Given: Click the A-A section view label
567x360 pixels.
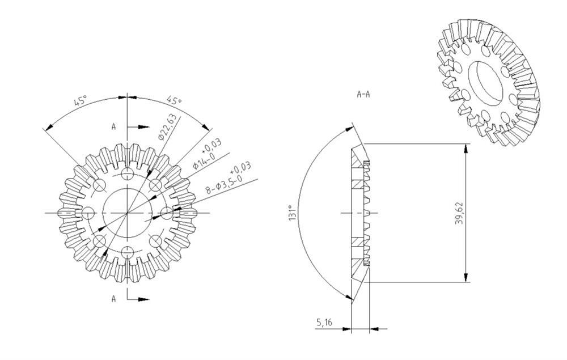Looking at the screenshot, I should coord(363,94).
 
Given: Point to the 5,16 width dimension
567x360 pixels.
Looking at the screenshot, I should coord(324,323).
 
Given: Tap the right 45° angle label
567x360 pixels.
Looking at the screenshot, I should coord(175,101).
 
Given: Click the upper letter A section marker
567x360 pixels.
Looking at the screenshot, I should coord(113,128).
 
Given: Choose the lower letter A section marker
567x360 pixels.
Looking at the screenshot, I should coord(113,299).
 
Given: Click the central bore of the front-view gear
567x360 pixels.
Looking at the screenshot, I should coord(128,213).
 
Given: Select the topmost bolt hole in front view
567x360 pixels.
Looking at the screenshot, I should coord(128,173).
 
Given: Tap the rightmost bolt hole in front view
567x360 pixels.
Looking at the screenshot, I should coord(167,213).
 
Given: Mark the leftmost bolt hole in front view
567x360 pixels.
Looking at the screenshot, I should coord(88,213).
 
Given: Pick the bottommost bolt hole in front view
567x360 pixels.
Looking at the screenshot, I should coord(128,252).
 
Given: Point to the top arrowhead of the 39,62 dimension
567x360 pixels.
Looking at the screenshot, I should coord(466,147).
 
